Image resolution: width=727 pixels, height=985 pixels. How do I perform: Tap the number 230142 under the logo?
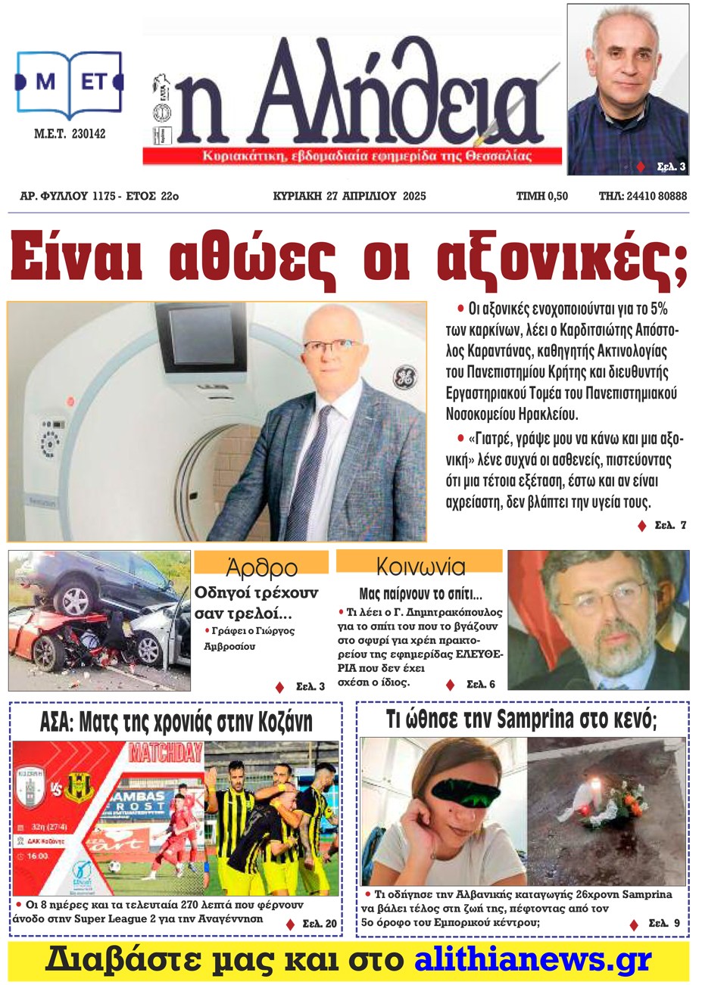pos(89,134)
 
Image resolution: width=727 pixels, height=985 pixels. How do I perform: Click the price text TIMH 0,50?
pos(541,196)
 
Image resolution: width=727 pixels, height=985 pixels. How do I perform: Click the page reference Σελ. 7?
pos(669,525)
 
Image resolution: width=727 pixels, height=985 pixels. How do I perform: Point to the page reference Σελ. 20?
pos(319,923)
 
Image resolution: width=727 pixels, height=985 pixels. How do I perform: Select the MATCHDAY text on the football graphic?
pos(166,752)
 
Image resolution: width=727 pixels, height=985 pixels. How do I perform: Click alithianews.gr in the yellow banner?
pos(532,960)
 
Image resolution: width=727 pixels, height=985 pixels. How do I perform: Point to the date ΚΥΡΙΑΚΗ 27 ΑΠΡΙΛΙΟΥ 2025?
pos(349,196)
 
